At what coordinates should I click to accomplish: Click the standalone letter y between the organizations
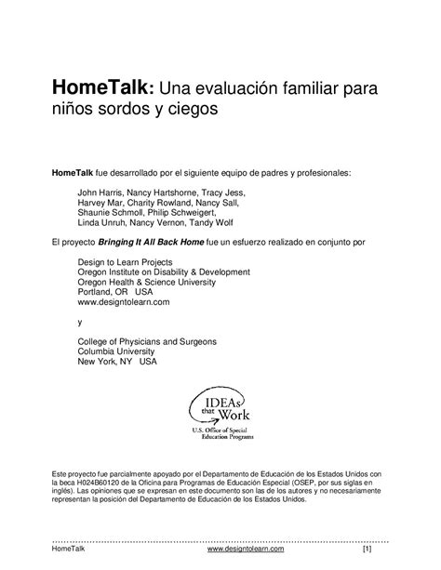(80, 322)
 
